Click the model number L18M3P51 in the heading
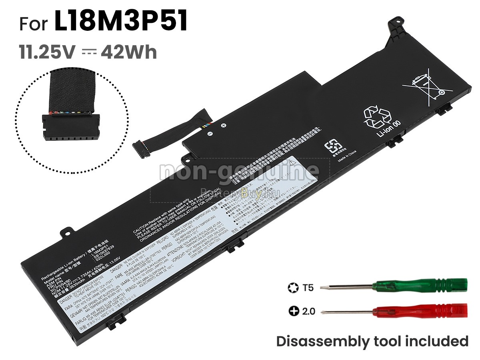(x=121, y=23)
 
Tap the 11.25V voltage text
(x=48, y=52)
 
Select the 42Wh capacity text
(x=129, y=52)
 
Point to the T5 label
(x=308, y=287)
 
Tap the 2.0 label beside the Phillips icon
(x=308, y=311)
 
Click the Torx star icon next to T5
(x=293, y=287)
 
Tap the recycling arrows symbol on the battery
(x=377, y=117)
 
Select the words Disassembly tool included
(x=372, y=341)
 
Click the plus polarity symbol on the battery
(x=224, y=126)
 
